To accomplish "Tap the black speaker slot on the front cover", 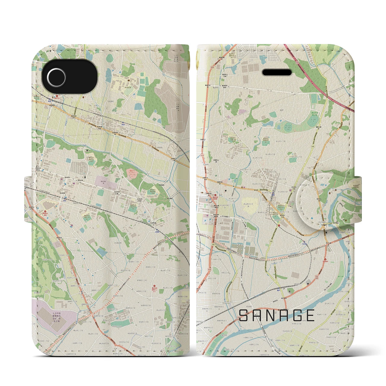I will pos(277,72).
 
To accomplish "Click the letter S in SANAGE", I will pos(244,316).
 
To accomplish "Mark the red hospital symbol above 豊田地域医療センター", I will pos(155,286).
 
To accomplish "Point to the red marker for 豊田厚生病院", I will pos(45,212).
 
